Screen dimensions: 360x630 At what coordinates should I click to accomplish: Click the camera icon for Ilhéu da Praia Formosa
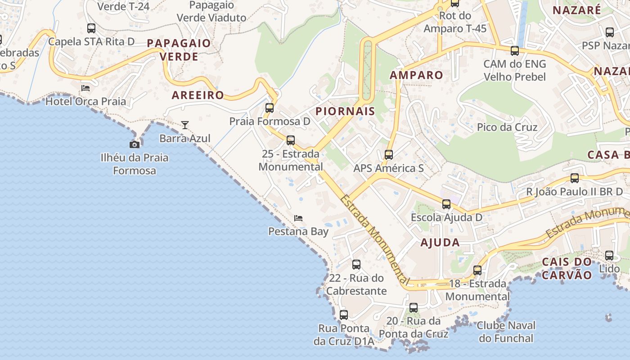click(x=134, y=144)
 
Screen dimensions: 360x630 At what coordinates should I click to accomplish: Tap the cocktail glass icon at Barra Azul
click(x=185, y=125)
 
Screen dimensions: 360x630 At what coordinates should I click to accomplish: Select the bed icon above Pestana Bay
click(x=298, y=218)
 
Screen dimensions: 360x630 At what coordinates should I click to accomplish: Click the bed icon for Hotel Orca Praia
click(x=85, y=88)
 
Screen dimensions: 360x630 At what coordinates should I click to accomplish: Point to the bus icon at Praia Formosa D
click(x=270, y=108)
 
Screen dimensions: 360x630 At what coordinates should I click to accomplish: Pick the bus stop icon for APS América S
click(x=389, y=155)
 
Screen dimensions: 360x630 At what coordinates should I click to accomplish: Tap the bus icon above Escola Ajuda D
click(x=446, y=204)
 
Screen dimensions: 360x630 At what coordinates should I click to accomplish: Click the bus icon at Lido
click(x=609, y=256)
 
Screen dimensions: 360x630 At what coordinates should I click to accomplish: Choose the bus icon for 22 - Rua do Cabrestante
click(x=356, y=265)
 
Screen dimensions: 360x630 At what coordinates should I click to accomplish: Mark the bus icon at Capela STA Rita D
click(x=91, y=28)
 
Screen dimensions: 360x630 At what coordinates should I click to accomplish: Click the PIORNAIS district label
click(x=346, y=111)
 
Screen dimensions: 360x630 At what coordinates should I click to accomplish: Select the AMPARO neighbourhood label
click(x=416, y=75)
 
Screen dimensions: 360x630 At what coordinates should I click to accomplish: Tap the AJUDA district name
click(x=440, y=243)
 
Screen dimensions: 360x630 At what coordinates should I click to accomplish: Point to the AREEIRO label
click(x=198, y=95)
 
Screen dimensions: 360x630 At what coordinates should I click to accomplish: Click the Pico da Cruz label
click(x=507, y=127)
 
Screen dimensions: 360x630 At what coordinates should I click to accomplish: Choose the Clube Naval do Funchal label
click(x=506, y=332)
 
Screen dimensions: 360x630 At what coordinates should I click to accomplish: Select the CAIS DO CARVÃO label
click(x=567, y=269)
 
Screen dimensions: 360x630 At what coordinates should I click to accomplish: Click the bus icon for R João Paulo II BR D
click(x=575, y=178)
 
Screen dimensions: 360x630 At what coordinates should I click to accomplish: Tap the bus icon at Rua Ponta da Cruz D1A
click(x=344, y=315)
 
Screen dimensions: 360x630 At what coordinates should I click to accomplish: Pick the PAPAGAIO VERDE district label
click(x=179, y=50)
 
